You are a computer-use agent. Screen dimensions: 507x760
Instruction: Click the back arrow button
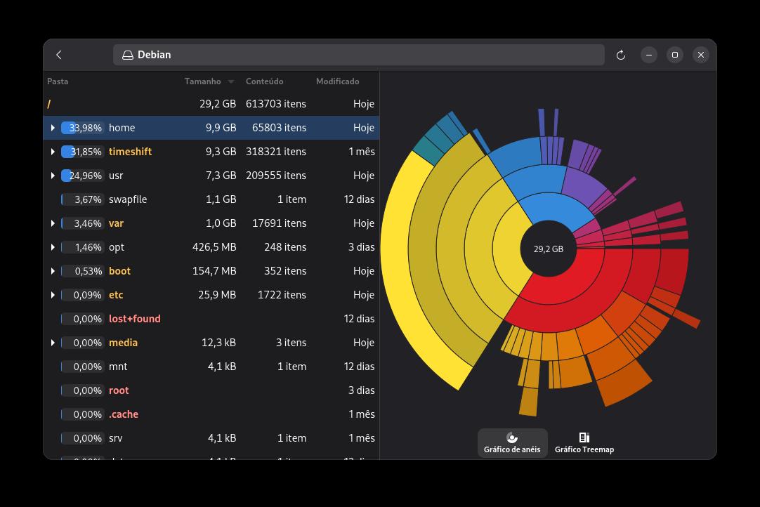click(x=59, y=55)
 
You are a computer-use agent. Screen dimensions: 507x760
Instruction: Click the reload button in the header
click(x=621, y=55)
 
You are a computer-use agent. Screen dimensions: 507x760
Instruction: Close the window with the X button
click(x=701, y=55)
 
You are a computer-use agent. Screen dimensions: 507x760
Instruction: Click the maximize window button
click(x=675, y=55)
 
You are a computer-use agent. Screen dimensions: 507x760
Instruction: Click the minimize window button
click(x=649, y=55)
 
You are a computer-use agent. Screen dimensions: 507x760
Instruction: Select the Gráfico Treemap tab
click(x=584, y=443)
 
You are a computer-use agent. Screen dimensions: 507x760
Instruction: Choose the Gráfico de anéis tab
click(x=512, y=443)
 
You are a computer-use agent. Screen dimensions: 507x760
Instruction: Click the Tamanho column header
click(x=203, y=81)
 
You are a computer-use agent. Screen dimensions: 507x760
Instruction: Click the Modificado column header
click(x=337, y=81)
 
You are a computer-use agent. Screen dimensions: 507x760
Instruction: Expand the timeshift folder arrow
click(x=53, y=152)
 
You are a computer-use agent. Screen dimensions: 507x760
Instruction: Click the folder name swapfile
click(x=128, y=199)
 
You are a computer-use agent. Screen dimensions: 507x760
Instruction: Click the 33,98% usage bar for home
click(x=82, y=128)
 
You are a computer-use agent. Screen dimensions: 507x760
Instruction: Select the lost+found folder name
click(x=134, y=319)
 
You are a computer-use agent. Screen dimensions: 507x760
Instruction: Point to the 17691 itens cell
click(x=279, y=223)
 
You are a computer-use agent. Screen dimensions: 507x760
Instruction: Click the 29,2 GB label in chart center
click(x=548, y=249)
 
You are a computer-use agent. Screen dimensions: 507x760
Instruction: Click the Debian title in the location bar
click(x=154, y=55)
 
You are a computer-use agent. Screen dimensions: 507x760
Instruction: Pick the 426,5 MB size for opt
click(x=214, y=247)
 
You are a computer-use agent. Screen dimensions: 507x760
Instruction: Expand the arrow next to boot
click(x=53, y=271)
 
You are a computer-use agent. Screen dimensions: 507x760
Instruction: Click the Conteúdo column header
click(x=264, y=81)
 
